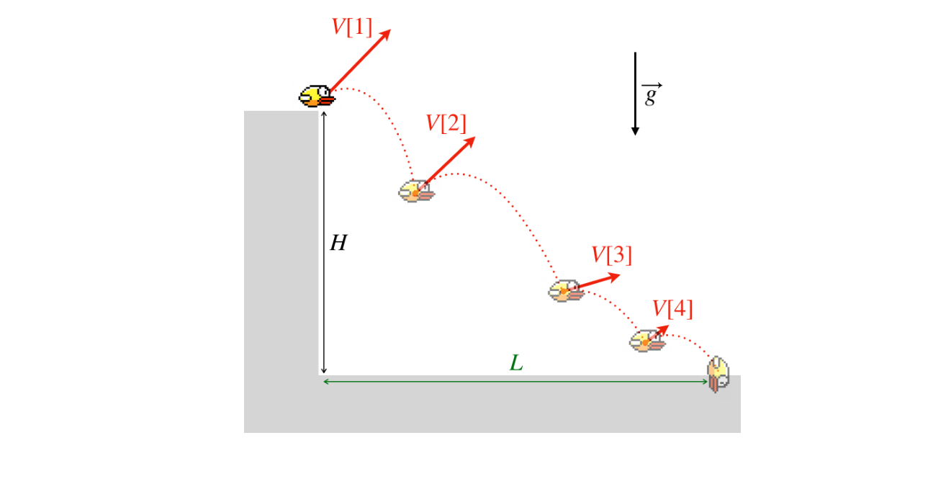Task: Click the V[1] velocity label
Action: [x=351, y=27]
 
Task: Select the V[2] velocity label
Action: [x=446, y=123]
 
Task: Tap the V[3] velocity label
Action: [x=611, y=255]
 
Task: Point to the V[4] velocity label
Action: [x=672, y=308]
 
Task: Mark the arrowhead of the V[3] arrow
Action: [x=613, y=277]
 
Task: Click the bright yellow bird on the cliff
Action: [x=317, y=96]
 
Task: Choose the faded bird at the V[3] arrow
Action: [x=567, y=291]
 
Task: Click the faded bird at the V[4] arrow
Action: [x=647, y=341]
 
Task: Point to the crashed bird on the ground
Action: [x=718, y=375]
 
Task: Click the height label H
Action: [x=338, y=243]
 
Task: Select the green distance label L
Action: [x=516, y=363]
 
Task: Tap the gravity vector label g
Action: [x=652, y=94]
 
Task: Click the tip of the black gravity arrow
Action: [x=635, y=135]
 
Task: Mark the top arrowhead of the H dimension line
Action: [x=324, y=112]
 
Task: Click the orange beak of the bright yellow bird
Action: [x=327, y=100]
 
